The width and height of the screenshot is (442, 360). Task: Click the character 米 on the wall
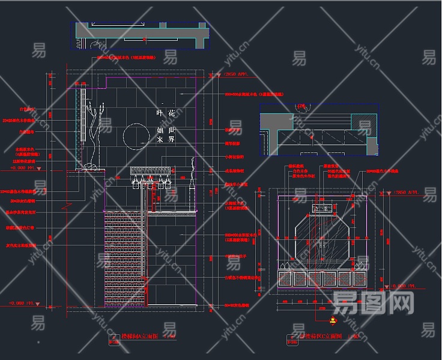click(x=160, y=139)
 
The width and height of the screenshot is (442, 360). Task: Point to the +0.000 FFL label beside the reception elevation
click(x=402, y=286)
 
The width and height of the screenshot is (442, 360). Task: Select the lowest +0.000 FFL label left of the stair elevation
click(x=22, y=303)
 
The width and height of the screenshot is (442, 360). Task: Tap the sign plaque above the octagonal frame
click(x=322, y=209)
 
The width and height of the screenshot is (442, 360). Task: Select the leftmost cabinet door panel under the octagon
click(x=285, y=278)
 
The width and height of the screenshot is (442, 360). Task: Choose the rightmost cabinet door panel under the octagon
click(x=360, y=278)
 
